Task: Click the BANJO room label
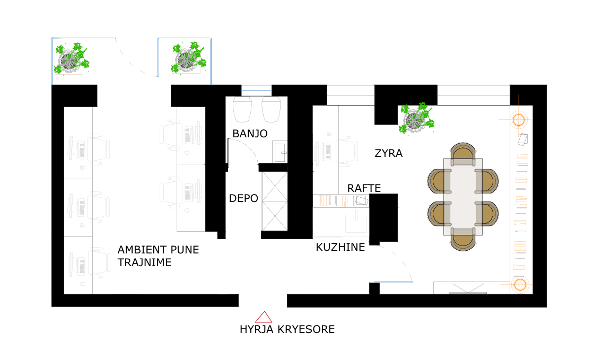[x=249, y=134]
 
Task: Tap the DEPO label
[x=243, y=199]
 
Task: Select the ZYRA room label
[x=388, y=154]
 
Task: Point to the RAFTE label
[x=364, y=188]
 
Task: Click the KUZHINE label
[x=340, y=247]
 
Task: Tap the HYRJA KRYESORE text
[x=287, y=329]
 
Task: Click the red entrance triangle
[x=264, y=317]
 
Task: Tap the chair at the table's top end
[x=462, y=152]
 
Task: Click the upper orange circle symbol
[x=518, y=120]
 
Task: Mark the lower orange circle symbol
[x=519, y=285]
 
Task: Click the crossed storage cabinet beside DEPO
[x=274, y=200]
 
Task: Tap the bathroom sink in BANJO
[x=280, y=151]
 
